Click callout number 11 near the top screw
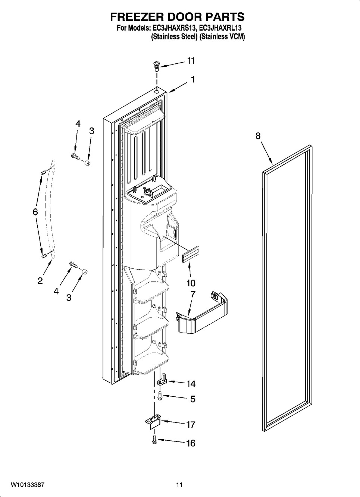[x=191, y=60]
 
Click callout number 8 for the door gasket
[x=258, y=136]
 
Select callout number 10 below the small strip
[x=191, y=283]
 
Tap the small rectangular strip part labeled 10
[x=191, y=254]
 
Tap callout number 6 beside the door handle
[x=35, y=212]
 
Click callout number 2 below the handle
[x=40, y=281]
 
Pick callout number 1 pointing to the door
[x=193, y=79]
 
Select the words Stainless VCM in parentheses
[x=222, y=37]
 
